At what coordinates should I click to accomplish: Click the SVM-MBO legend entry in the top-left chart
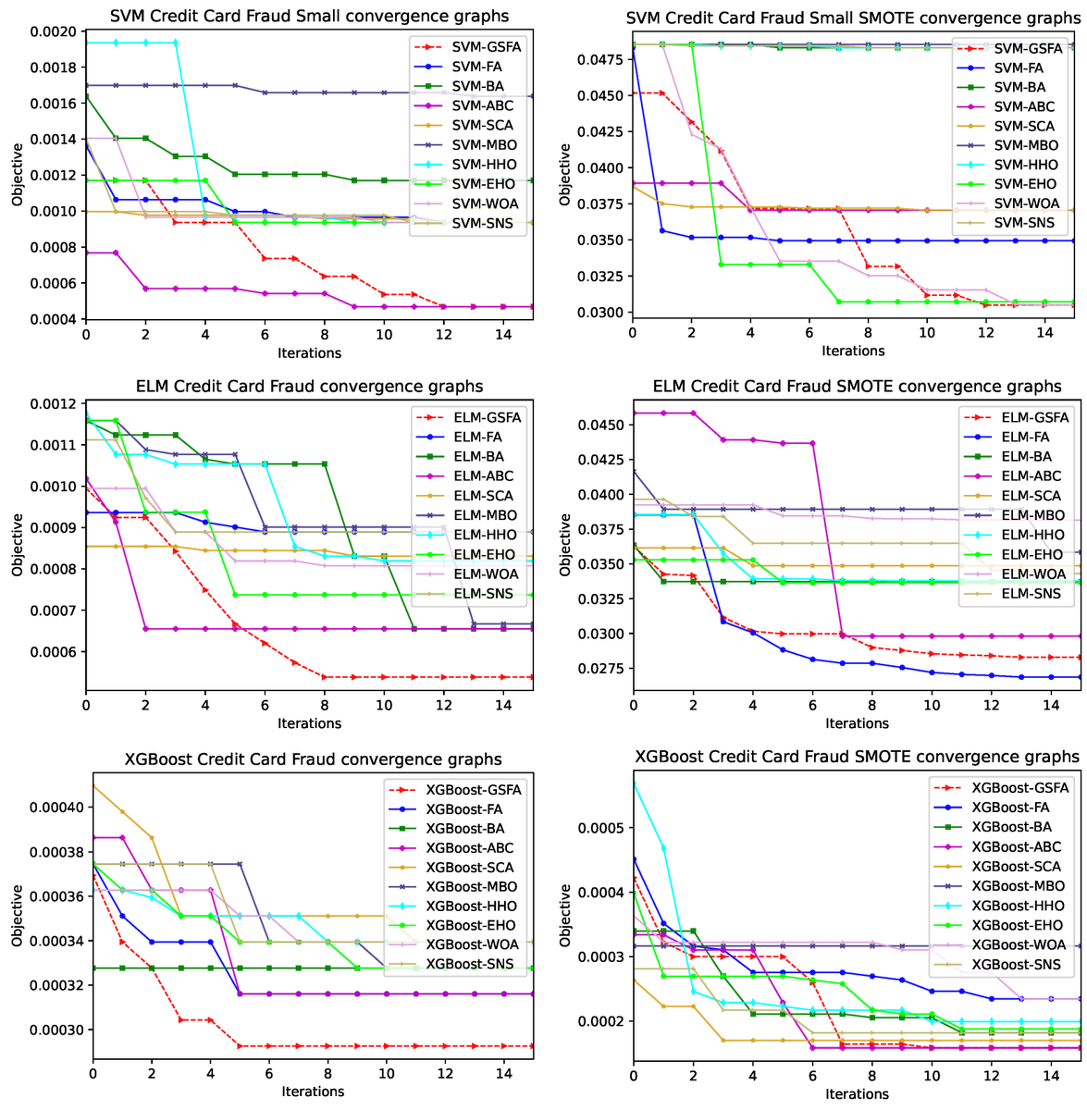[x=467, y=144]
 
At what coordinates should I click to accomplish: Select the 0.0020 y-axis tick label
[x=53, y=31]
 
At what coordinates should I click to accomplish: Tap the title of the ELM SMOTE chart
[x=857, y=386]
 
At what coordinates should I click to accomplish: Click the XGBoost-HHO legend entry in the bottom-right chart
[x=999, y=906]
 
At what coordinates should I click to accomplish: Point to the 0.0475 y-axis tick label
[x=600, y=59]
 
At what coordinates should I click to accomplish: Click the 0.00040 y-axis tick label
[x=56, y=807]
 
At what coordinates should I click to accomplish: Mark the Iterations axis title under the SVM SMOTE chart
[x=852, y=351]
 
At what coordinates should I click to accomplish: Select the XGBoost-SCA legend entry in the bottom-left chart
[x=451, y=867]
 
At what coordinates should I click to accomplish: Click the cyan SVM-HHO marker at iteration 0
[x=86, y=43]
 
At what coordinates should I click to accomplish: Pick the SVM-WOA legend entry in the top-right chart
[x=1008, y=203]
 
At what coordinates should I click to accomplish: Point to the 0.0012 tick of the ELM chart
[x=53, y=403]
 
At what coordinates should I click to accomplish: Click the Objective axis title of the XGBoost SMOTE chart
[x=564, y=916]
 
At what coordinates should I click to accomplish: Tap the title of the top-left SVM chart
[x=309, y=16]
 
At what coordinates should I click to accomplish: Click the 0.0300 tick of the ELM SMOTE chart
[x=600, y=634]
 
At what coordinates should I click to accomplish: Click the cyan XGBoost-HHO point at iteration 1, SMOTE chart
[x=663, y=848]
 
